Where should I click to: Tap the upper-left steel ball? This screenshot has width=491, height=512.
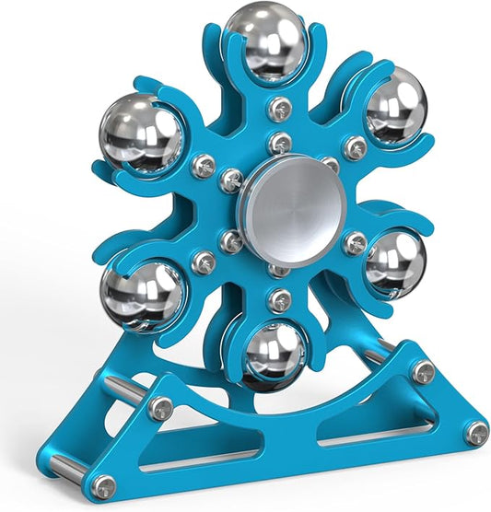point(140,132)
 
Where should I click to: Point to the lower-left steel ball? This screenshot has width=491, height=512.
point(143,295)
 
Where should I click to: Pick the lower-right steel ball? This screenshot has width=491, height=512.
point(395,262)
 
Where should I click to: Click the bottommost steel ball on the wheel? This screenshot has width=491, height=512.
point(274,355)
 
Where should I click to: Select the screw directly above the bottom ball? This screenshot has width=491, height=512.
point(281,299)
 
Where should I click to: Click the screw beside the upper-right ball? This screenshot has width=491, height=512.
point(355,146)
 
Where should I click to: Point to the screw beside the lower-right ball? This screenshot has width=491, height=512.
point(354,242)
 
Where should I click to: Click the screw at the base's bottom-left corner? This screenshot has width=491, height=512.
point(105,486)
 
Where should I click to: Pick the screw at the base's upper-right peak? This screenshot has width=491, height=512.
point(422,371)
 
